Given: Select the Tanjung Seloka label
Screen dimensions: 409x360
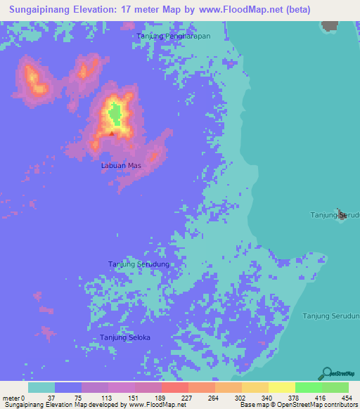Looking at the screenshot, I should click(125, 338).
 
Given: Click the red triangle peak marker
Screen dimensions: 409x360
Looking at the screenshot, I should click(111, 133).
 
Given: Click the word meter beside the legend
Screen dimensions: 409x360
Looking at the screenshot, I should click(12, 398).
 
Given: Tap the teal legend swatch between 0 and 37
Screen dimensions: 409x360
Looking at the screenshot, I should click(41, 388).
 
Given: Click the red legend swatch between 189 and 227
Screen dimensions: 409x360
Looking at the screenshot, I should click(174, 388).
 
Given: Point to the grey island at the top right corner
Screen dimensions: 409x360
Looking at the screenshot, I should click(329, 26).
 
